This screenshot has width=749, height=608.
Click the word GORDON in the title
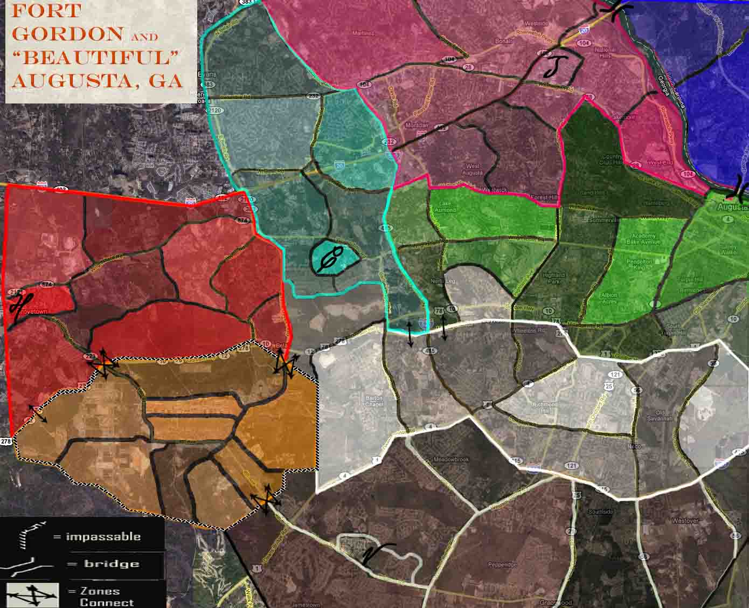click(67, 33)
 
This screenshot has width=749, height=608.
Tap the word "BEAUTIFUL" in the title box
click(96, 57)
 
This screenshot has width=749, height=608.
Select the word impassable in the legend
click(103, 537)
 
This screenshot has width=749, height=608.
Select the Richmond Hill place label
click(545, 407)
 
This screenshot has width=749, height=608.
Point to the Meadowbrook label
click(451, 460)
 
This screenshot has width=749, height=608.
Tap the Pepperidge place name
click(502, 565)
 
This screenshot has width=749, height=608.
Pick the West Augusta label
click(473, 169)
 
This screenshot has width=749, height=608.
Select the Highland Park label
click(553, 278)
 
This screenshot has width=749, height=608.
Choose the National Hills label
click(605, 53)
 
